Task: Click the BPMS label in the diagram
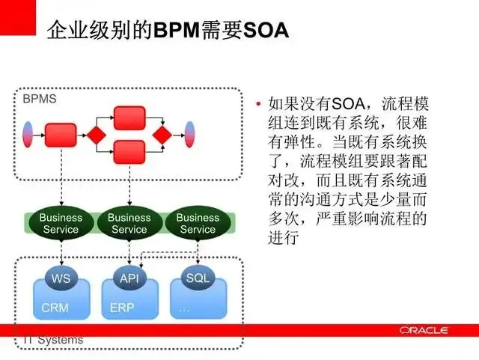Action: (39, 98)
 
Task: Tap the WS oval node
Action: (61, 278)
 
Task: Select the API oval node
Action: (129, 278)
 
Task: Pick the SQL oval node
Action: (198, 278)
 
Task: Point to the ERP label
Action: (121, 308)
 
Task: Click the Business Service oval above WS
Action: (61, 224)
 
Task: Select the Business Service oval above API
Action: (129, 224)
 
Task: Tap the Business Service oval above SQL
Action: (198, 224)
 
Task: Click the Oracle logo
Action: (423, 330)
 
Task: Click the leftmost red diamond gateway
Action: (95, 135)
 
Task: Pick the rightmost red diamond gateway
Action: (162, 135)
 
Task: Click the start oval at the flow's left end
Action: (29, 135)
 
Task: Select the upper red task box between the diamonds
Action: (129, 118)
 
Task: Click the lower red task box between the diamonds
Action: (129, 152)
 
